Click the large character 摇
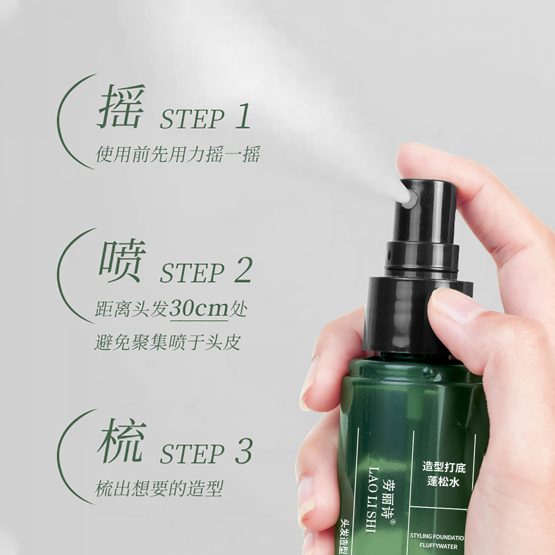coord(121,107)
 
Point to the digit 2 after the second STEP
coord(243,270)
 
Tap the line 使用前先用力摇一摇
coord(178,154)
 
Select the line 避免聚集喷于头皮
coord(167,342)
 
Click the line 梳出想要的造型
coord(159,488)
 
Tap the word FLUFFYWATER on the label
coord(438,546)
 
